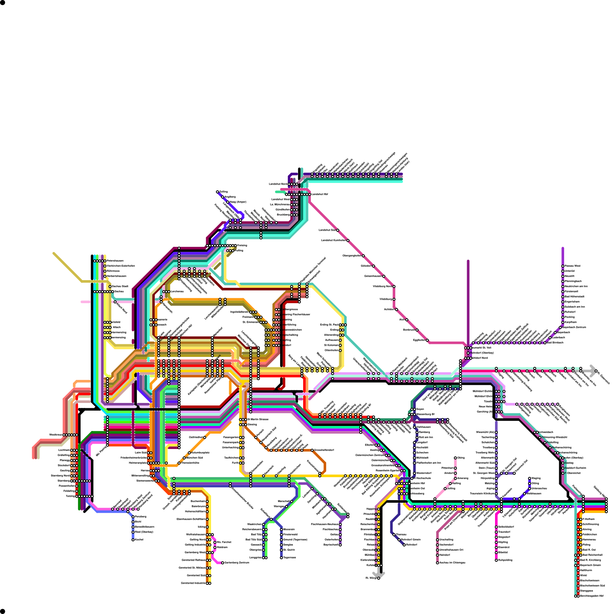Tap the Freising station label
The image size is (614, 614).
(x=242, y=245)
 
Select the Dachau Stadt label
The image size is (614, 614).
(x=120, y=286)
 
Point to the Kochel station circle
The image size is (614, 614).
(x=133, y=540)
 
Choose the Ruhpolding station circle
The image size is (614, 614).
(x=496, y=560)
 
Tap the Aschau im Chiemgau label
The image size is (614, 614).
(x=452, y=563)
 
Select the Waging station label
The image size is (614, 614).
(x=536, y=478)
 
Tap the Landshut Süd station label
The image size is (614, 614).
(x=327, y=230)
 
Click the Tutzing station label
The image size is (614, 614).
(x=70, y=496)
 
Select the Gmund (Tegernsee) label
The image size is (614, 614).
(x=295, y=540)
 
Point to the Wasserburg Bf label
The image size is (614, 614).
(x=426, y=414)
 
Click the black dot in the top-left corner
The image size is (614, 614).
(x=3, y=3)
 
